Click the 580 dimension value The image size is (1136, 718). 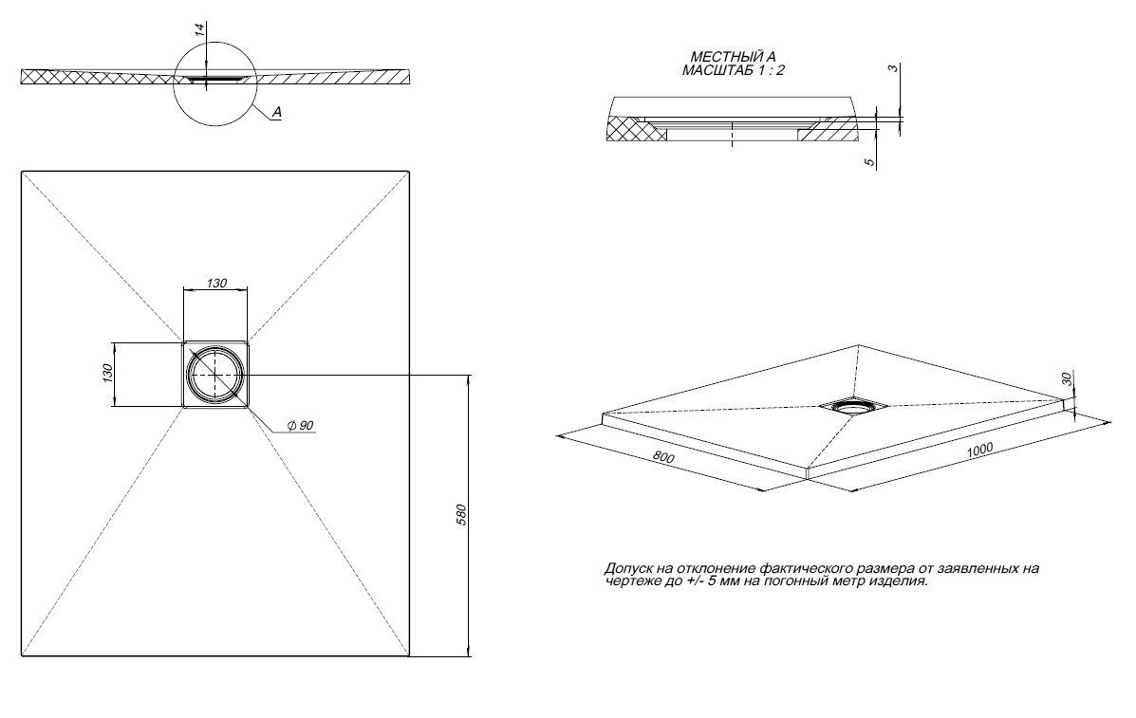click(x=461, y=516)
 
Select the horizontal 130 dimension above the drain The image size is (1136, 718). click(x=215, y=282)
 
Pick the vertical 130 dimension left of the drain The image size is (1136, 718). click(x=107, y=374)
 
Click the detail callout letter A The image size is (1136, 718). click(x=276, y=113)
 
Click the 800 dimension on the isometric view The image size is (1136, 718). click(x=663, y=458)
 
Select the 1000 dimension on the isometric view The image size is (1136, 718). click(x=982, y=451)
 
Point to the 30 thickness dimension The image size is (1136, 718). click(x=1068, y=378)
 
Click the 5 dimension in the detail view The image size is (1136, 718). click(x=869, y=162)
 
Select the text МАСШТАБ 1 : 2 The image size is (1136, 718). click(x=733, y=70)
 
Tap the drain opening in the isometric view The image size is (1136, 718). click(x=852, y=407)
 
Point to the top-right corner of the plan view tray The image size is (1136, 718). click(x=408, y=172)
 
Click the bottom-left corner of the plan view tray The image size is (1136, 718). click(x=23, y=654)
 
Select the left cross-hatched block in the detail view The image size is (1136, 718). click(x=635, y=128)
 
